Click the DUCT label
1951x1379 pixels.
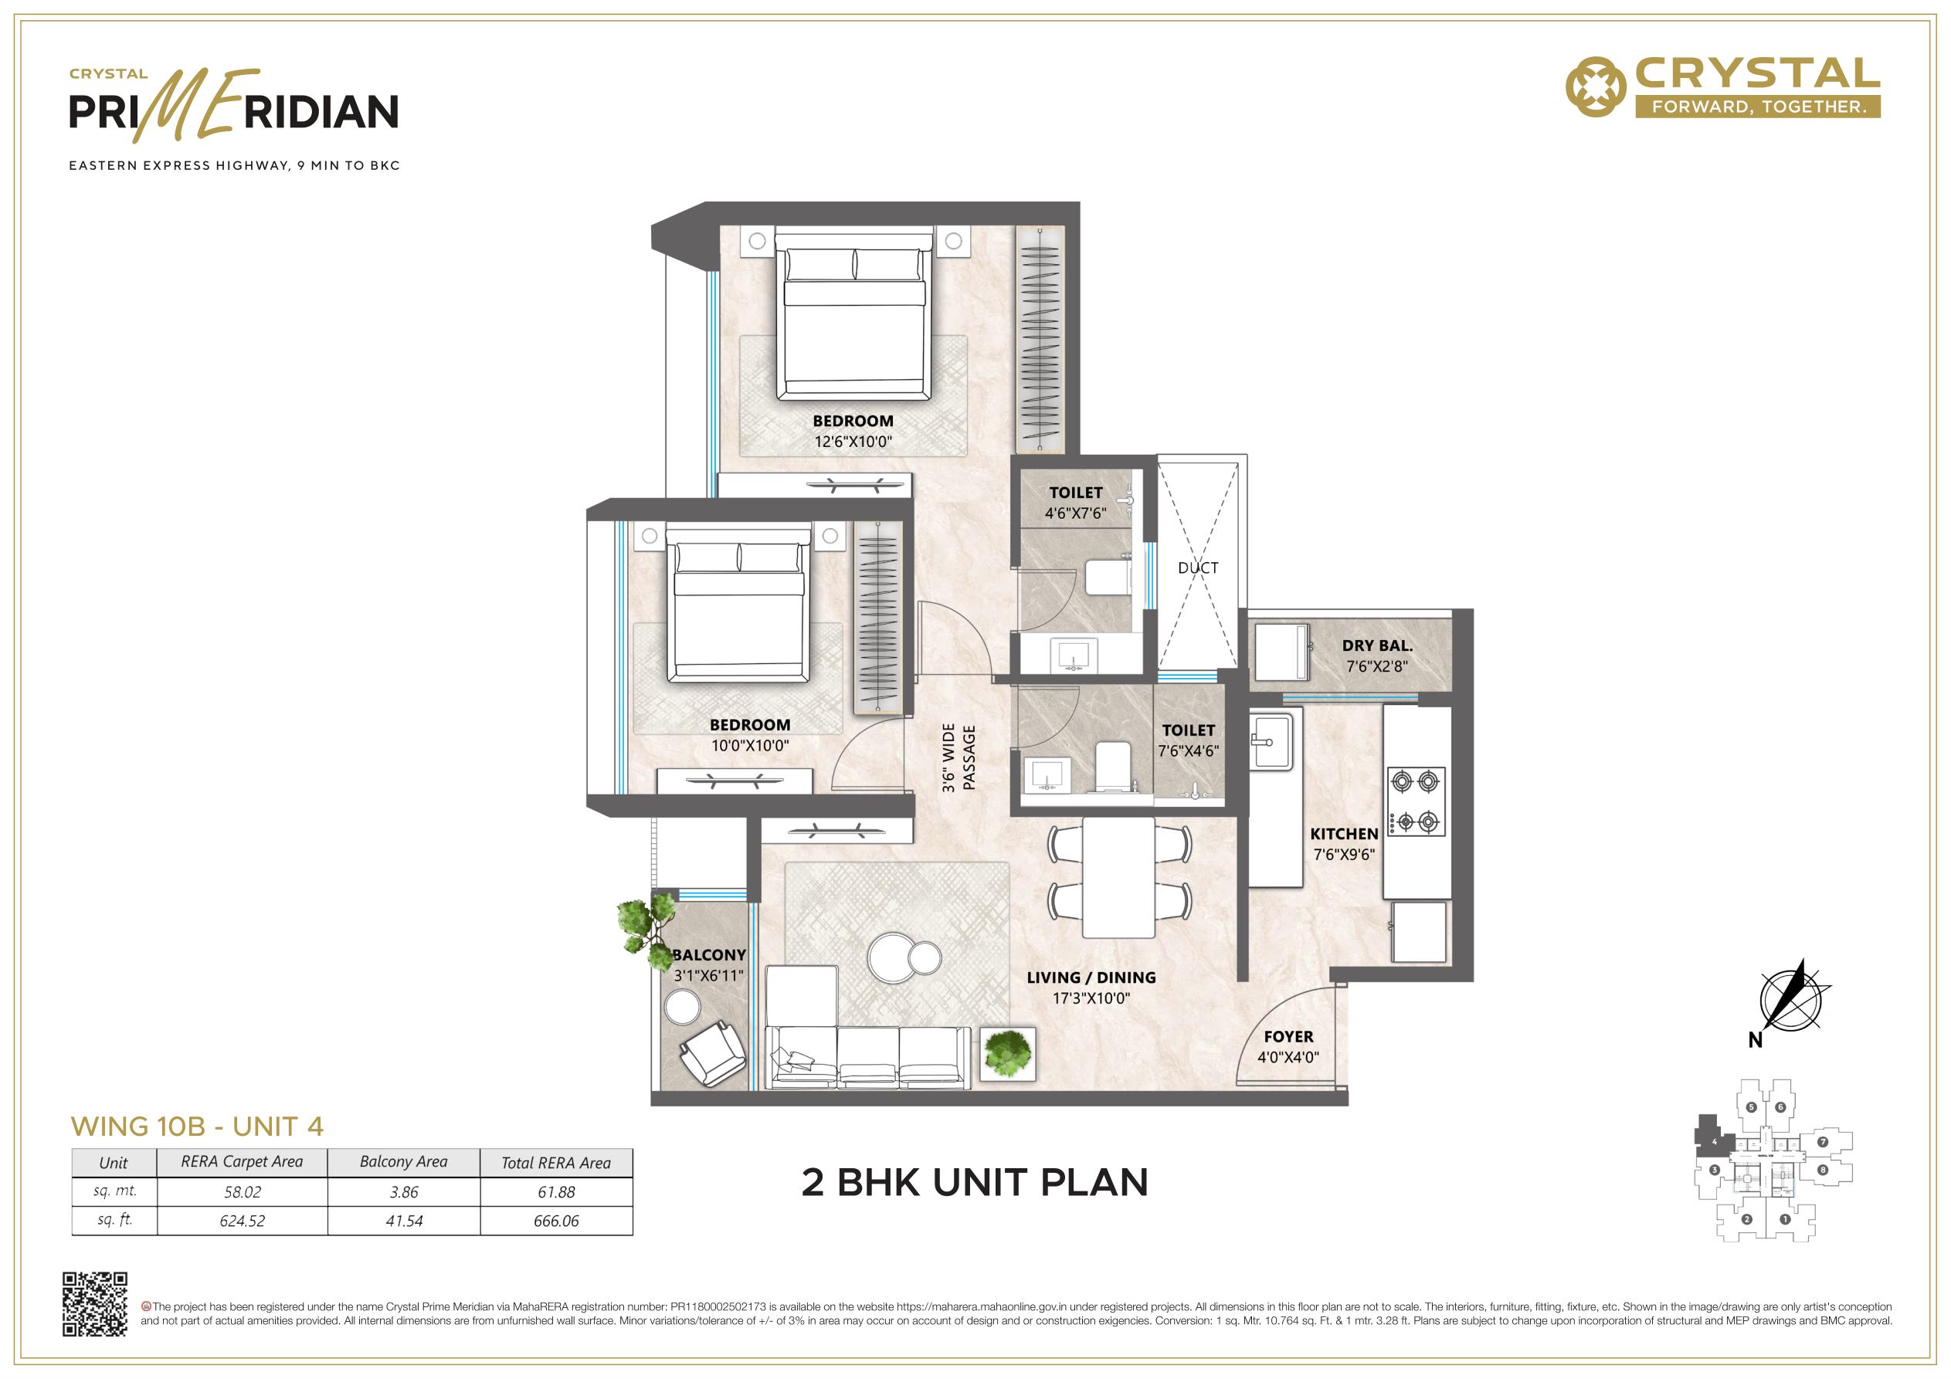(x=1198, y=568)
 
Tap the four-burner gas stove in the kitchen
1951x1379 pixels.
(x=1417, y=801)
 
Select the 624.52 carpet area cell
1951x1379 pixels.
(x=243, y=1221)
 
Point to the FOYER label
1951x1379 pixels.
(x=1288, y=1037)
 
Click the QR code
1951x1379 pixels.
(x=95, y=1304)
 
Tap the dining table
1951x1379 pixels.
(x=1118, y=878)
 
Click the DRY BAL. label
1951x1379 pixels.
(x=1377, y=645)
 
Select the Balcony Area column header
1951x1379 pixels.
(x=404, y=1161)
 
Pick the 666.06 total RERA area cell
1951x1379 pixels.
(x=557, y=1221)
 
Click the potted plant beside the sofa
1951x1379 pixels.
(x=1008, y=1054)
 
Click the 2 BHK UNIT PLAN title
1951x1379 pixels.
(x=975, y=1183)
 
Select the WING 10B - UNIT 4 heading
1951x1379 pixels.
(x=197, y=1127)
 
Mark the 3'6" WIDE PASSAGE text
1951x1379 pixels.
(x=959, y=758)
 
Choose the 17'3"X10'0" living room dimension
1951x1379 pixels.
(x=1091, y=998)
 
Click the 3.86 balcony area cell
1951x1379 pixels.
(x=404, y=1192)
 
